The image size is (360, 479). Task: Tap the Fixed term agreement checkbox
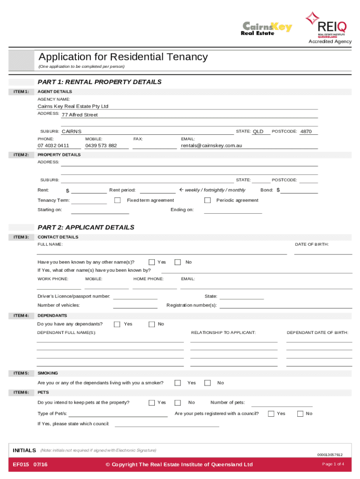click(117, 200)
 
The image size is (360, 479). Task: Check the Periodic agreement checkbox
click(207, 200)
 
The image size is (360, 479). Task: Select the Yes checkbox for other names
click(151, 262)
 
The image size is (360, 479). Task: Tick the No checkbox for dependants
click(151, 324)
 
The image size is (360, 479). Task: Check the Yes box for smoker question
click(178, 383)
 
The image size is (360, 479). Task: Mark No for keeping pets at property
click(178, 402)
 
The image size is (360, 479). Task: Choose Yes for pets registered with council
click(271, 414)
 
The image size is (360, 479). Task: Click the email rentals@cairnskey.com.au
click(211, 145)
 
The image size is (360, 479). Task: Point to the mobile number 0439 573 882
click(101, 145)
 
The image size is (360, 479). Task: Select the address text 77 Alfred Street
click(80, 115)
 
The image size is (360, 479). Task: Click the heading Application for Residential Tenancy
click(123, 57)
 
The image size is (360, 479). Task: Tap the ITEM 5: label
click(21, 373)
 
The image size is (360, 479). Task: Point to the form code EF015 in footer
click(21, 464)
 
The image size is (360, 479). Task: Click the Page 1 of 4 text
click(333, 464)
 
